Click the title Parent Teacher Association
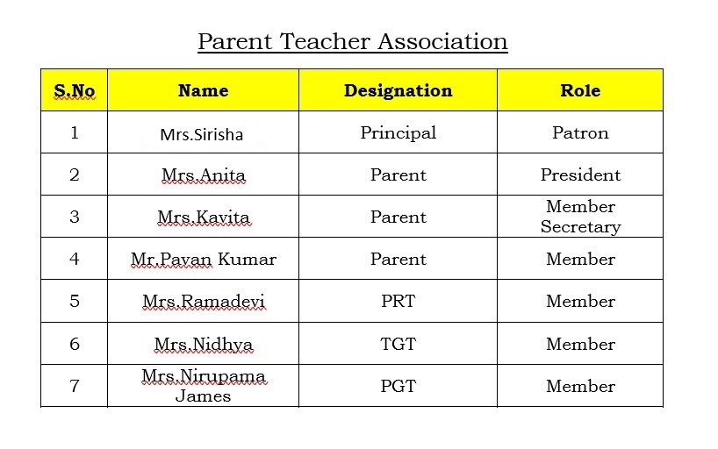pyautogui.click(x=352, y=41)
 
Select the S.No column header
pyautogui.click(x=74, y=90)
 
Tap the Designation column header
pyautogui.click(x=398, y=90)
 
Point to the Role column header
pyautogui.click(x=580, y=90)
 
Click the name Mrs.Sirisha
pyautogui.click(x=202, y=134)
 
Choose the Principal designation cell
pyautogui.click(x=398, y=133)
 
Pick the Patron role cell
pyautogui.click(x=580, y=133)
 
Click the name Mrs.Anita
pyautogui.click(x=203, y=175)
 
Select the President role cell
pyautogui.click(x=580, y=175)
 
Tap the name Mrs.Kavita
pyautogui.click(x=203, y=217)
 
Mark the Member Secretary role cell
pyautogui.click(x=580, y=217)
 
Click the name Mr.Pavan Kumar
pyautogui.click(x=203, y=260)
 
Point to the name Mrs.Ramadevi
pyautogui.click(x=203, y=302)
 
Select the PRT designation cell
pyautogui.click(x=398, y=302)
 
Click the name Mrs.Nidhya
pyautogui.click(x=203, y=344)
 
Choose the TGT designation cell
pyautogui.click(x=398, y=344)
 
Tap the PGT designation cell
pyautogui.click(x=398, y=386)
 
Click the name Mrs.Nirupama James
pyautogui.click(x=203, y=386)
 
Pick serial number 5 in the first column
pyautogui.click(x=74, y=302)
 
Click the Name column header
pyautogui.click(x=203, y=90)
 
